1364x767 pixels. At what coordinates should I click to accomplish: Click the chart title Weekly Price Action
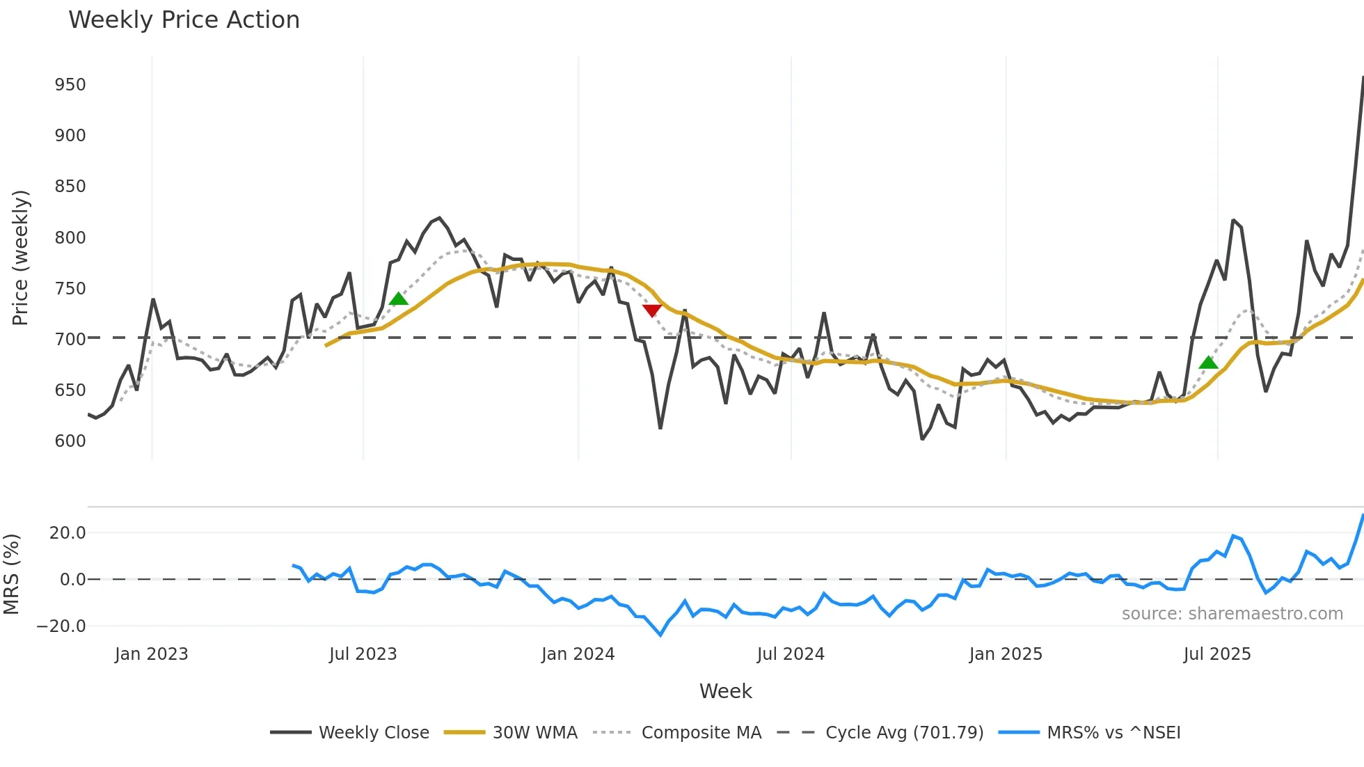(x=184, y=20)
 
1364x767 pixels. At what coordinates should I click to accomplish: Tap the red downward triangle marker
(x=652, y=310)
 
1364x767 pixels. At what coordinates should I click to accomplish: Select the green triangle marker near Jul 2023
(x=399, y=299)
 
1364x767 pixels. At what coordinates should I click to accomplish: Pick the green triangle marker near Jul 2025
(x=1209, y=363)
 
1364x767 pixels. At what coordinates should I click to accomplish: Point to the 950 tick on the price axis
(x=70, y=85)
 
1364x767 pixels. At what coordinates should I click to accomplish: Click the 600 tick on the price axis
(x=70, y=441)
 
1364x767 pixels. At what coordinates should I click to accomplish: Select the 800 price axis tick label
(x=70, y=238)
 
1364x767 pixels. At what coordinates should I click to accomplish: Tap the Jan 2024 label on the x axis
(x=578, y=654)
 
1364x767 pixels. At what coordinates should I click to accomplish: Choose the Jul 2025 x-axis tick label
(x=1217, y=654)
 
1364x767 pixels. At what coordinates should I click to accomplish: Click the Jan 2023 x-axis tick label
(x=152, y=654)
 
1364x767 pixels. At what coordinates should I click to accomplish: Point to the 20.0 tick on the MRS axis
(x=68, y=533)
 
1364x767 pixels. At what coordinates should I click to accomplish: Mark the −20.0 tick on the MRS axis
(x=61, y=626)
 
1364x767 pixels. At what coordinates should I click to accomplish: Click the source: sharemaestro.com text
(x=1232, y=614)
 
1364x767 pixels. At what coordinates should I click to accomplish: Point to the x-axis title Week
(x=725, y=691)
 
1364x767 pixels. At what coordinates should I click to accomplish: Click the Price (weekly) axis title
(x=21, y=258)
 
